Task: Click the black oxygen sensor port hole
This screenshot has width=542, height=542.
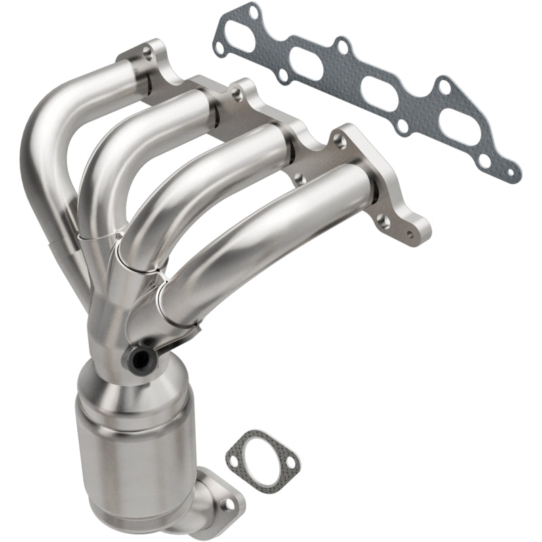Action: [141, 356]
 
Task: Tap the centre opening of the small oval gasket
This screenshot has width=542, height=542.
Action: [262, 457]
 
